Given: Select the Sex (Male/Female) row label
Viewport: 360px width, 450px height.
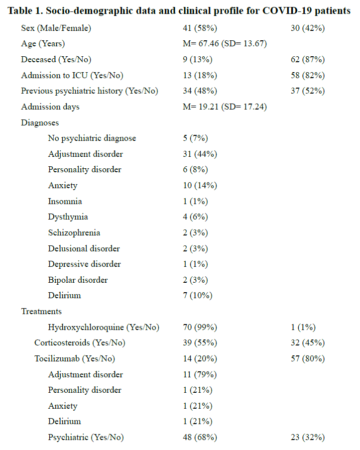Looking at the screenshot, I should (55, 28).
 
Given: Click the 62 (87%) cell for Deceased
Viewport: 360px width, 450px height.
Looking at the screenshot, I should (308, 60).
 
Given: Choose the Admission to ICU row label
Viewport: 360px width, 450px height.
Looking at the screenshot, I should (72, 76).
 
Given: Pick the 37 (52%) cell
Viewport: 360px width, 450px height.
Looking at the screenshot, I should (308, 91).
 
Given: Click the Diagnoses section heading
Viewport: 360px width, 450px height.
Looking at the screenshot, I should (40, 122).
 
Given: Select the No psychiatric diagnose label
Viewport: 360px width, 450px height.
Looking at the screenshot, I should (92, 138).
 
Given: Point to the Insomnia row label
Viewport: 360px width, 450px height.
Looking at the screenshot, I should (65, 201).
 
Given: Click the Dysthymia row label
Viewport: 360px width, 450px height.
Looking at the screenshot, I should (68, 217).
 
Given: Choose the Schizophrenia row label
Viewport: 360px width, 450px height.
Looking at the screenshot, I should (74, 232).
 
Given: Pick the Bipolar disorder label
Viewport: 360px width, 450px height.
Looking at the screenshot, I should (78, 280).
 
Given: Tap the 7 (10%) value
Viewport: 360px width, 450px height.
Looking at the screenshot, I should (198, 295).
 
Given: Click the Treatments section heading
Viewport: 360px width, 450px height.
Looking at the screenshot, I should (41, 311).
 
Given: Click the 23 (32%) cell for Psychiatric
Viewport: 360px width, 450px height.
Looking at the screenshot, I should (308, 437).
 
